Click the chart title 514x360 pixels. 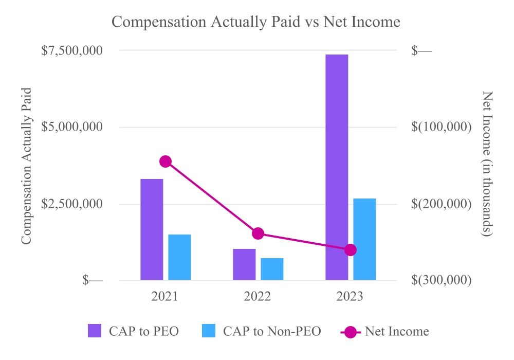click(256, 22)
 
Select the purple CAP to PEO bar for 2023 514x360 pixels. click(337, 167)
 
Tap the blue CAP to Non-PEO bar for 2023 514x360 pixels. click(364, 239)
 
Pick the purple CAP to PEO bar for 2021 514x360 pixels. click(152, 229)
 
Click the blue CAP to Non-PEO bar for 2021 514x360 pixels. click(179, 257)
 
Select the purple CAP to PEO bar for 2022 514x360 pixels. click(244, 264)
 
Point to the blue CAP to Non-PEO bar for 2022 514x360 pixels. click(272, 269)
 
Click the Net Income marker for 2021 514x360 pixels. click(165, 161)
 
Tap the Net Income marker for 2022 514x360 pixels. click(258, 233)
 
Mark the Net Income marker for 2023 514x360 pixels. click(351, 250)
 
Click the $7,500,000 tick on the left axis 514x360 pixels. click(71, 50)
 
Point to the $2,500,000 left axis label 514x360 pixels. click(71, 204)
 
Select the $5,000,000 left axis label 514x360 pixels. click(71, 127)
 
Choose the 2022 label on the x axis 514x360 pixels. click(258, 297)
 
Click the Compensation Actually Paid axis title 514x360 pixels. click(27, 165)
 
